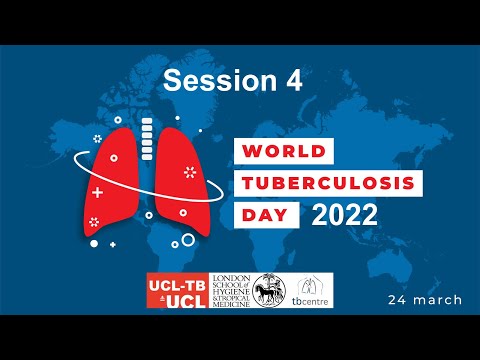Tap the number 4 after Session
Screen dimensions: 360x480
point(292,81)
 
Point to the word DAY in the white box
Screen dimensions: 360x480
point(263,214)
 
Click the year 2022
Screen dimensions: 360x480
point(344,214)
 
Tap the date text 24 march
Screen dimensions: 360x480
point(426,299)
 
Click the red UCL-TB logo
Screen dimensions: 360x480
point(178,290)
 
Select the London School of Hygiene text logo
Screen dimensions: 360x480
point(226,290)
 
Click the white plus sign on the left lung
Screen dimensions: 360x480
point(98,190)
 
